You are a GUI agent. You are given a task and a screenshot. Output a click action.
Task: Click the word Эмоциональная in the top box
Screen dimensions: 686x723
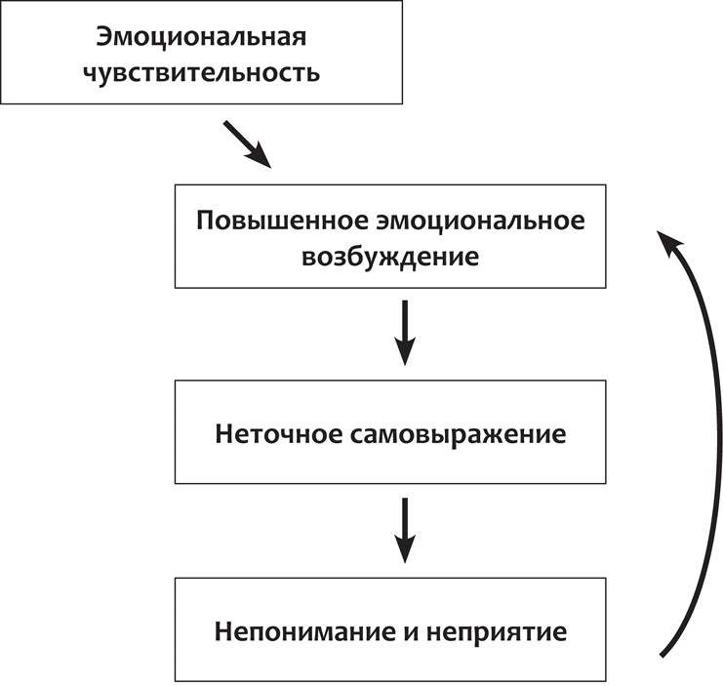click(202, 37)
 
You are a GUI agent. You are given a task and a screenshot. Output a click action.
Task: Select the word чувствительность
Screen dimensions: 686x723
click(202, 72)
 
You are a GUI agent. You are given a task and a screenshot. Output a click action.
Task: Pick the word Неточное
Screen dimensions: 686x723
click(276, 433)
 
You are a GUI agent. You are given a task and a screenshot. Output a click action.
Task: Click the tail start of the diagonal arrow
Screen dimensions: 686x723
click(227, 124)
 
